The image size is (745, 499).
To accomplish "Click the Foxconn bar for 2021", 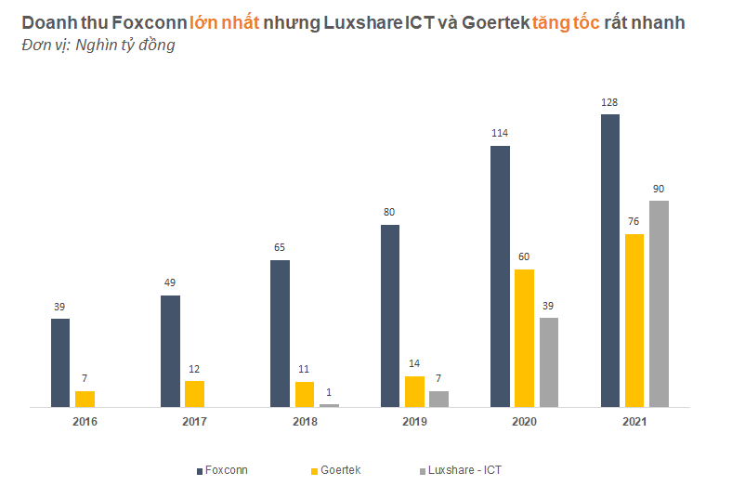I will pyautogui.click(x=610, y=260).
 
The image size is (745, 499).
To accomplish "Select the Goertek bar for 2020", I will pyautogui.click(x=524, y=338).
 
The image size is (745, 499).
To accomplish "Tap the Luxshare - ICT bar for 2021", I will pyautogui.click(x=659, y=304).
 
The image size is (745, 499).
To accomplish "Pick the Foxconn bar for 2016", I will pyautogui.click(x=60, y=362).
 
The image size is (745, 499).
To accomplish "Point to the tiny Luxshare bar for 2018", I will pyautogui.click(x=329, y=405).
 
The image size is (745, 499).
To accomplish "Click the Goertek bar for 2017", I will pyautogui.click(x=194, y=394).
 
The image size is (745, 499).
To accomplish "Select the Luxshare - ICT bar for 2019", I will pyautogui.click(x=438, y=399).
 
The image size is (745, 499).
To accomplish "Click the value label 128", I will pyautogui.click(x=609, y=102).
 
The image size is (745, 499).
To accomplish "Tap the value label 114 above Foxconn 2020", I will pyautogui.click(x=500, y=134).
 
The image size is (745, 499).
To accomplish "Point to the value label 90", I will pyautogui.click(x=659, y=189).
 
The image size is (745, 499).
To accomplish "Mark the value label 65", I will pyautogui.click(x=280, y=248).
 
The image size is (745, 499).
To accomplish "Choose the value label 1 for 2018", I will pyautogui.click(x=329, y=392).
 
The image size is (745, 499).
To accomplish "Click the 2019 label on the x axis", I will pyautogui.click(x=414, y=422).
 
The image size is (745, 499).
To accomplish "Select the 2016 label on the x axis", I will pyautogui.click(x=85, y=422).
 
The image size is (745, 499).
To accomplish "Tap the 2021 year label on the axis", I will pyautogui.click(x=634, y=422).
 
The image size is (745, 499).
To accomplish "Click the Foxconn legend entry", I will pyautogui.click(x=223, y=471).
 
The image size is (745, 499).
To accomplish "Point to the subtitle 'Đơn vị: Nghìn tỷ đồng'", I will pyautogui.click(x=98, y=45).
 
